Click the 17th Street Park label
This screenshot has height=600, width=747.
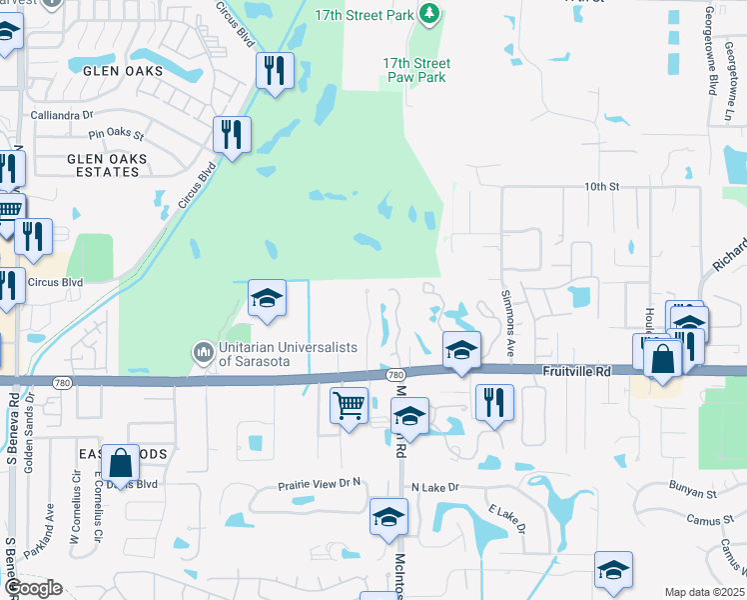point(363,15)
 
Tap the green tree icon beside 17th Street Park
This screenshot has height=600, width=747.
point(429,13)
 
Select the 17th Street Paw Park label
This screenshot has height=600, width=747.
point(416,70)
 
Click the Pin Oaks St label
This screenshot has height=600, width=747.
point(117,134)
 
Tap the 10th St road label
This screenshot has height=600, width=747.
point(602,187)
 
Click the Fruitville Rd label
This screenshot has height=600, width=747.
point(576,370)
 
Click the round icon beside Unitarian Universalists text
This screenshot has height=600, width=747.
point(203,352)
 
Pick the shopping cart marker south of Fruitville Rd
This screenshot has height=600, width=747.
point(349,405)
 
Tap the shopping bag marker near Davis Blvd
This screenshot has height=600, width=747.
point(120,463)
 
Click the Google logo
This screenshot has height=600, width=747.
point(32,588)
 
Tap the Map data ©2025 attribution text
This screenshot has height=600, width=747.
point(703,592)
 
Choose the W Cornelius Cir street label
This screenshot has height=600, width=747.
point(74,516)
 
